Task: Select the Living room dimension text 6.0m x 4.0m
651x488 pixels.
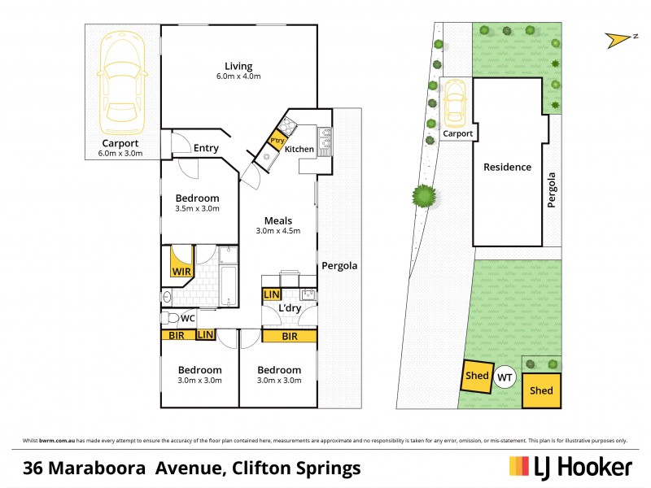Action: tap(238, 77)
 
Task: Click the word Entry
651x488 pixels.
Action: tap(206, 147)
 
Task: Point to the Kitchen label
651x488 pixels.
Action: tap(299, 149)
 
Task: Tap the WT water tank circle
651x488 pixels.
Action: tap(505, 377)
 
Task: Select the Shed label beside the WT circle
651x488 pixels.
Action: tap(476, 376)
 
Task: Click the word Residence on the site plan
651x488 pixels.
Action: tap(507, 168)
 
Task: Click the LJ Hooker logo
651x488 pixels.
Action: tap(570, 467)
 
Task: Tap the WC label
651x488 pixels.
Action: tap(186, 318)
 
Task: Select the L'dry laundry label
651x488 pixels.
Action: tap(290, 310)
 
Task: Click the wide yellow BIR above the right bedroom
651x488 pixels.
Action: tap(289, 334)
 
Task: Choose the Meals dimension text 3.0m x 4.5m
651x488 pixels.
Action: tap(279, 231)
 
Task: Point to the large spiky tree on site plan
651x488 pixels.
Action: tap(423, 195)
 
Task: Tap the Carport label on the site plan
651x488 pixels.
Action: tap(458, 133)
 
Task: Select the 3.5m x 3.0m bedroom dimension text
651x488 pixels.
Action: tap(197, 209)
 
